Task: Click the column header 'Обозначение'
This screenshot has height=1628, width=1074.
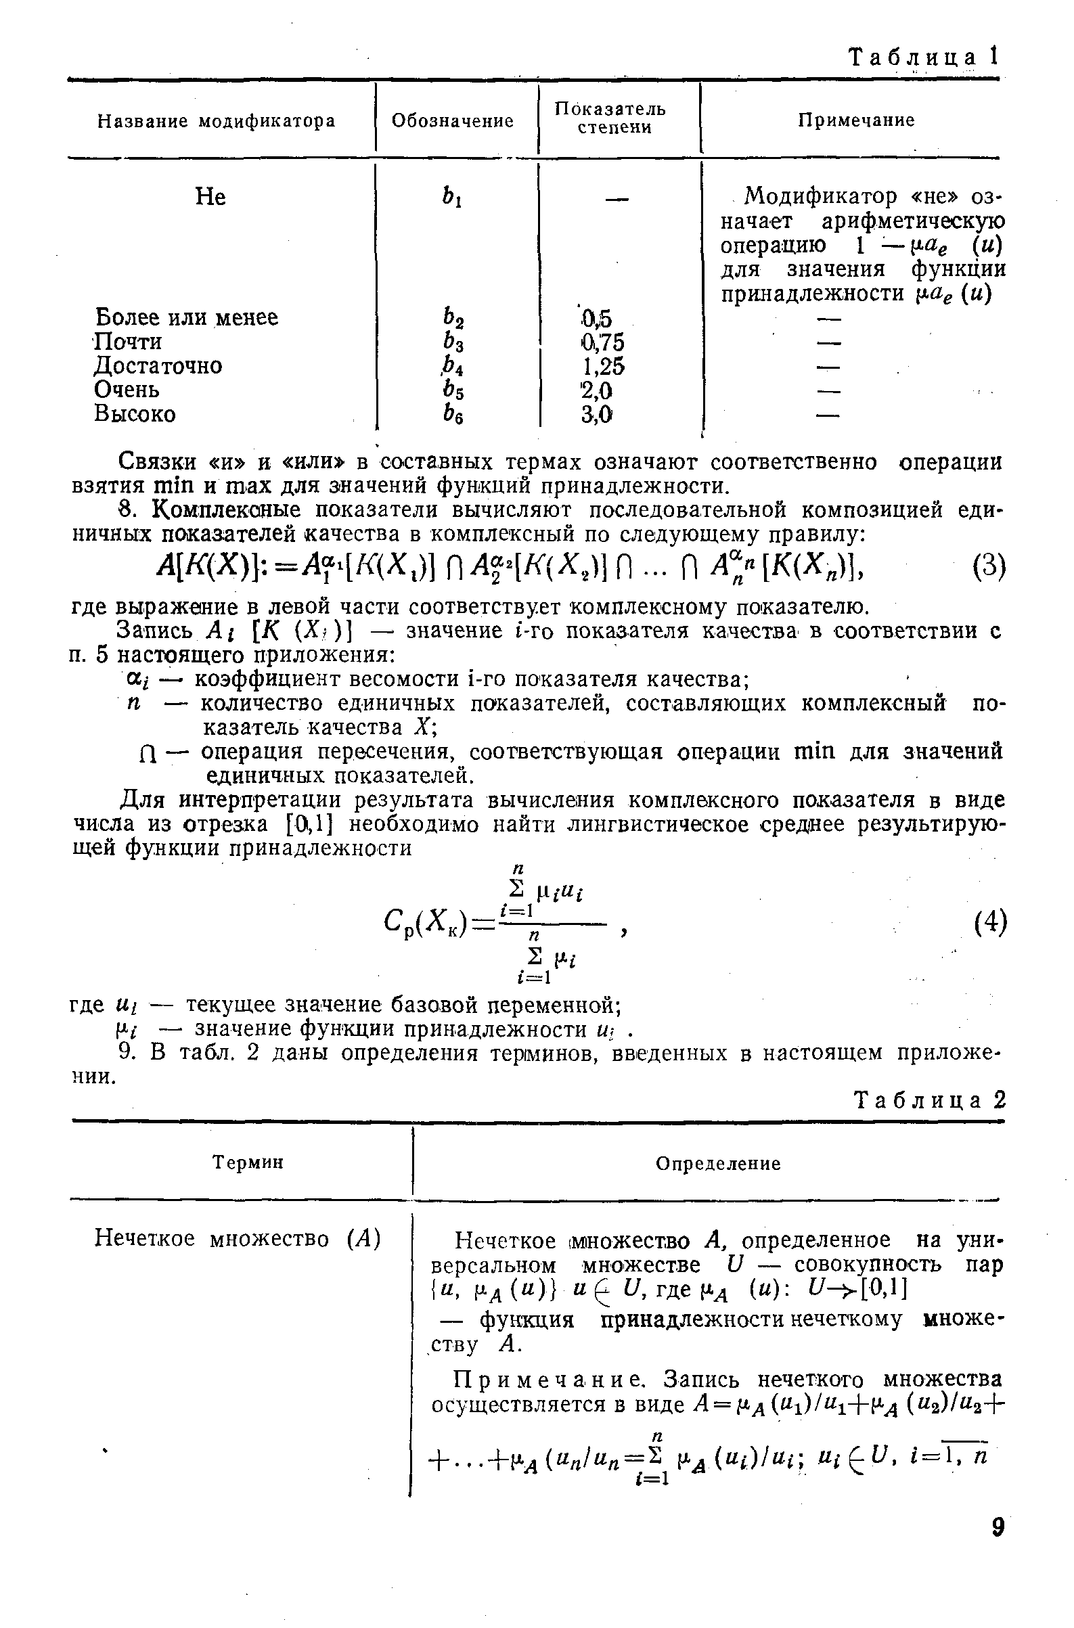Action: (452, 121)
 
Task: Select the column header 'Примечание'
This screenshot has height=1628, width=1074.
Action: (855, 120)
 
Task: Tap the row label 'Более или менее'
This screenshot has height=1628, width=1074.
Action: (185, 318)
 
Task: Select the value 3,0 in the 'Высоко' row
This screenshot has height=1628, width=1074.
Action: (597, 414)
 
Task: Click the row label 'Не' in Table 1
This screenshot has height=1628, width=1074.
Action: (210, 198)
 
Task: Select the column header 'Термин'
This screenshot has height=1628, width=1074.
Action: (247, 1162)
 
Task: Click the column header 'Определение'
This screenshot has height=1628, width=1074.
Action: (718, 1163)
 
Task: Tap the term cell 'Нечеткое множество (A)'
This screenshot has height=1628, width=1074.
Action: (237, 1238)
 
